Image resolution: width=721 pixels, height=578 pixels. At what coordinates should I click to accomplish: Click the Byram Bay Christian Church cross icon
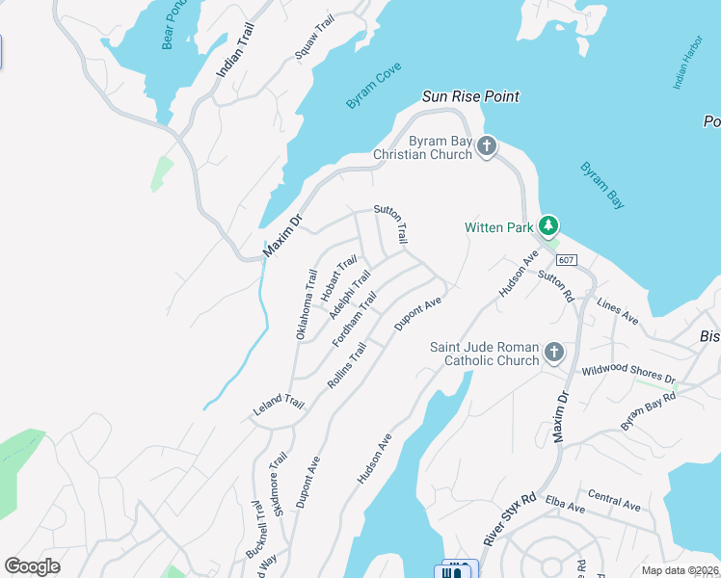(488, 146)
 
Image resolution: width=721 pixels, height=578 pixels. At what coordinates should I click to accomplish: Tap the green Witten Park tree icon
(548, 226)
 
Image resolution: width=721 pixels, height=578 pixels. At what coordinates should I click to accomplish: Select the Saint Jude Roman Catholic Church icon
(554, 353)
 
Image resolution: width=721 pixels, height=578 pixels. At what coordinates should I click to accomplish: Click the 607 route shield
(567, 260)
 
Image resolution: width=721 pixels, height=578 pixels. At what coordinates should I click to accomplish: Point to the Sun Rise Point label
(470, 96)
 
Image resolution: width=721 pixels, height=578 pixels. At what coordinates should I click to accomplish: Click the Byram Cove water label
(374, 86)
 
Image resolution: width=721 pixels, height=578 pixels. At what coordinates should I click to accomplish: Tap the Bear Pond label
(174, 24)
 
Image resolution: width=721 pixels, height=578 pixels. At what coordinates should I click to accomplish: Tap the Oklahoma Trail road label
(306, 303)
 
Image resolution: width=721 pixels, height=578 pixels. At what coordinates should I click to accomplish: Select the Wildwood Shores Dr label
(628, 373)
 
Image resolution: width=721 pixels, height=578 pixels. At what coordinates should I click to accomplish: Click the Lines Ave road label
(618, 311)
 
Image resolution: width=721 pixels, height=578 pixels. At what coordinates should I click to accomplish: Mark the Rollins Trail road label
(347, 366)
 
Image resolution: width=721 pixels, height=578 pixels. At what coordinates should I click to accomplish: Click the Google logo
(32, 566)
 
